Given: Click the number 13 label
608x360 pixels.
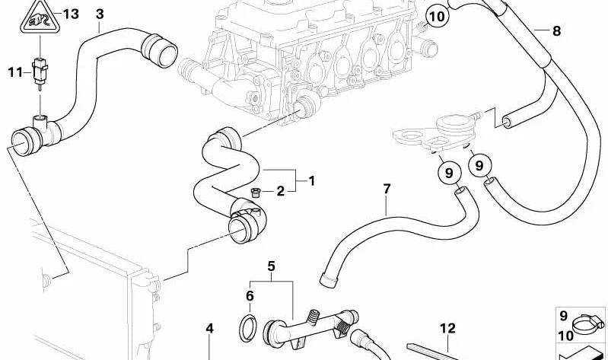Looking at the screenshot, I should (71, 14).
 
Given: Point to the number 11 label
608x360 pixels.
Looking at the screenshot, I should (14, 72).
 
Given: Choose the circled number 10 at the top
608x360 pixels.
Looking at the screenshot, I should (437, 14).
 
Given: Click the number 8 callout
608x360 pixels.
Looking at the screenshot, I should (556, 31).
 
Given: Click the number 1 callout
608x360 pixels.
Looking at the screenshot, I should (310, 180).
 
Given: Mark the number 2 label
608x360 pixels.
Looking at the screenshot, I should (280, 191).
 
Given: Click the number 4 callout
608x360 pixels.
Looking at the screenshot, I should (210, 329).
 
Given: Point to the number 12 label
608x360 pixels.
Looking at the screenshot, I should (447, 328).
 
